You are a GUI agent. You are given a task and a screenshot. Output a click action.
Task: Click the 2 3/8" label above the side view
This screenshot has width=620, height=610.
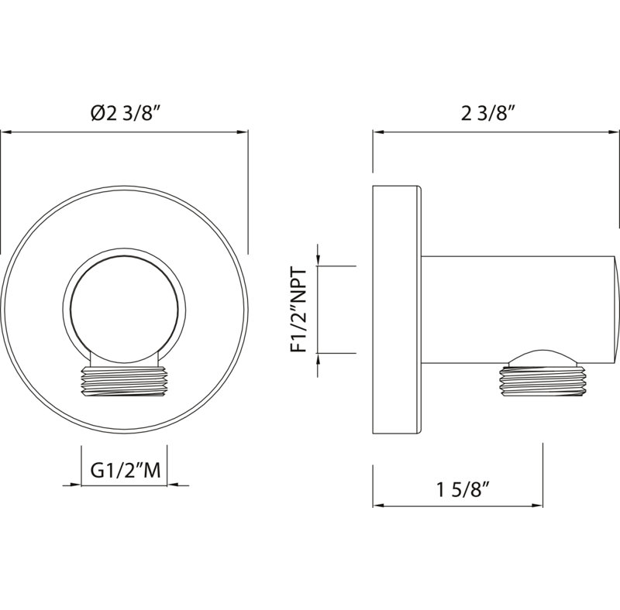coord(489,114)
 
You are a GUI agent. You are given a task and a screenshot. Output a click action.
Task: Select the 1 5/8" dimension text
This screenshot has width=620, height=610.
coord(463,490)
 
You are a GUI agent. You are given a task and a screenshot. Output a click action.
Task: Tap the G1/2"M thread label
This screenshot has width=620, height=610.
coord(126,470)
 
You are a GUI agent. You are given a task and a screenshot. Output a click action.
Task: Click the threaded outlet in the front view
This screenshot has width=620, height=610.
coord(124,381)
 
